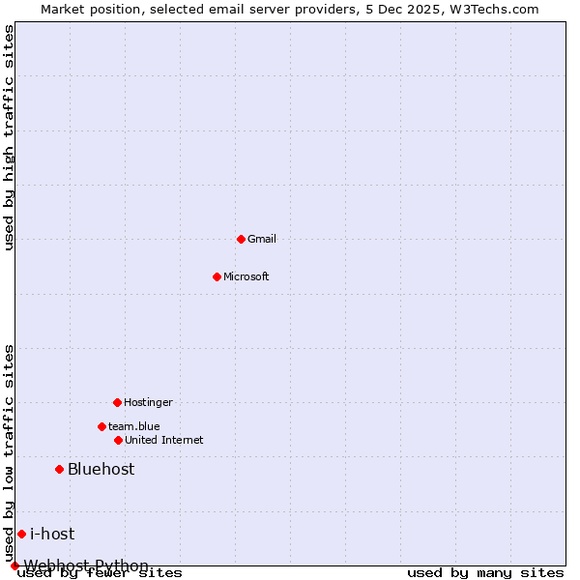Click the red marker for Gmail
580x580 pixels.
tap(241, 239)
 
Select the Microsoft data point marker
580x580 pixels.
tap(217, 276)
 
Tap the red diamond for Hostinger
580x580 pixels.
tap(117, 402)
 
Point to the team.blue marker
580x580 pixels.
tap(101, 426)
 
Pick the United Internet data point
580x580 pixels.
tap(118, 440)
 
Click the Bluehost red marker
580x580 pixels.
tap(59, 470)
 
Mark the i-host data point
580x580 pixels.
tap(21, 534)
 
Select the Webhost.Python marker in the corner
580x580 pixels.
tap(14, 565)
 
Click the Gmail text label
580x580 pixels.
tap(262, 239)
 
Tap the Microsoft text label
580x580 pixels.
tap(246, 276)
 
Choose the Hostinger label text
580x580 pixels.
tap(148, 402)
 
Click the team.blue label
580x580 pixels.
tap(134, 426)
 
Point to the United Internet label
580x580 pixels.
tap(164, 440)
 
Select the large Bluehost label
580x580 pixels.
tap(101, 470)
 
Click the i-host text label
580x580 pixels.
tap(52, 534)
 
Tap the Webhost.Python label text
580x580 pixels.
tap(87, 565)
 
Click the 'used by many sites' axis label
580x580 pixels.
tap(485, 573)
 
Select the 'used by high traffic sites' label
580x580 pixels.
tap(10, 137)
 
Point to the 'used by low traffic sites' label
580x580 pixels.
tap(10, 452)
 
